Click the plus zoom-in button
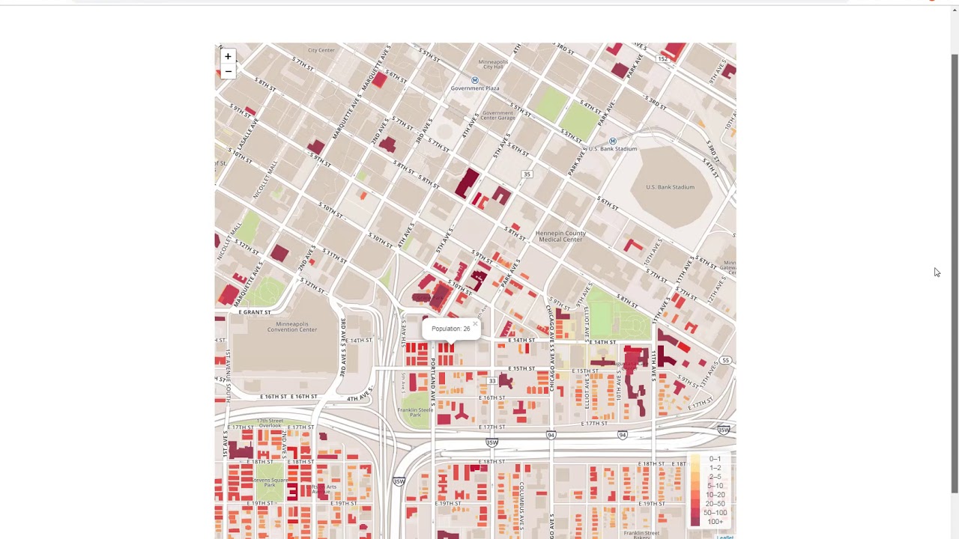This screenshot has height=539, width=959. pyautogui.click(x=228, y=57)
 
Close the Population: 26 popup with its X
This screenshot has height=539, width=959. pyautogui.click(x=475, y=324)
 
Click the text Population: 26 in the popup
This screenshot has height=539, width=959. pyautogui.click(x=450, y=329)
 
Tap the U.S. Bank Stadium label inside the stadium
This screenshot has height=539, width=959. pyautogui.click(x=670, y=187)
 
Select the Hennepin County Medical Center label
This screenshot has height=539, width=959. pyautogui.click(x=560, y=237)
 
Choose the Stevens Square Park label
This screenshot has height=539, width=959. pyautogui.click(x=270, y=482)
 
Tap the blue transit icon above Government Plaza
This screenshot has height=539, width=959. pyautogui.click(x=474, y=80)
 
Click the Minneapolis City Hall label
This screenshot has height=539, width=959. pyautogui.click(x=492, y=64)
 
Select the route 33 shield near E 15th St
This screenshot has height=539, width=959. pyautogui.click(x=492, y=381)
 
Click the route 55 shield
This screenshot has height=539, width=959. pyautogui.click(x=725, y=361)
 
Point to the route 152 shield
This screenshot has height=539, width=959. pyautogui.click(x=662, y=59)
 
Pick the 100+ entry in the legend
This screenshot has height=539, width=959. pyautogui.click(x=716, y=522)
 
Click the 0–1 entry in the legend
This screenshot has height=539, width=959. pyautogui.click(x=715, y=459)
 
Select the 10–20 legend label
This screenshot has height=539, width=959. pyautogui.click(x=715, y=495)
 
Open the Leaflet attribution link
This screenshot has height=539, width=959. pyautogui.click(x=724, y=537)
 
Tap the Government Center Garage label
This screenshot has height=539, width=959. pyautogui.click(x=497, y=115)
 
